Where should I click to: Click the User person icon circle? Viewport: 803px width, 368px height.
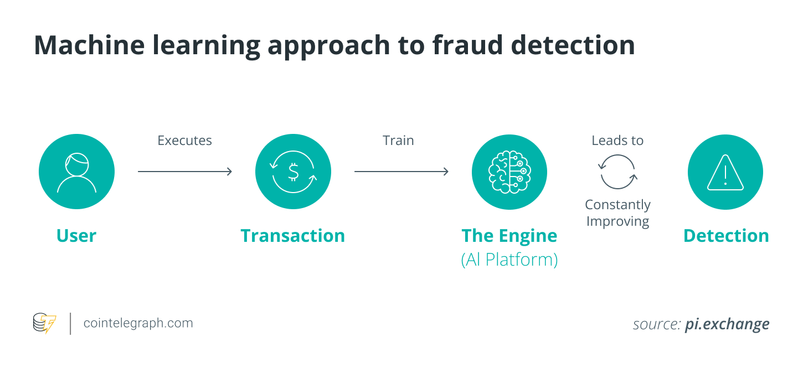pos(76,172)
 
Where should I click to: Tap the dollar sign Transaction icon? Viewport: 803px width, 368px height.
pos(293,172)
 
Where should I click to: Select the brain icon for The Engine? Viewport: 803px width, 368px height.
pos(509,172)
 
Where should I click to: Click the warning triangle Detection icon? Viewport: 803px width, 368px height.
pos(725,172)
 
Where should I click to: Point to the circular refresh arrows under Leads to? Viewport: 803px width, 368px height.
pos(617,172)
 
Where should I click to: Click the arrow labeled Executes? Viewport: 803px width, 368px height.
pos(184,172)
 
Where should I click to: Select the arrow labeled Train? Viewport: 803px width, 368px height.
pos(401,172)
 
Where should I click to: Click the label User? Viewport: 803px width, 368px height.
pos(76,236)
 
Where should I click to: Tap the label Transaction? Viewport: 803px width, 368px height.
pos(293,236)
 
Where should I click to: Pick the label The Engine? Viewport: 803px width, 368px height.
pos(509,236)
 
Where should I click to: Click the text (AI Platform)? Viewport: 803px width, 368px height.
pos(509,260)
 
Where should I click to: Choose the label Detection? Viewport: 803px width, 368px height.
pos(725,236)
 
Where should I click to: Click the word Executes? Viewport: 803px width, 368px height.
pos(184,141)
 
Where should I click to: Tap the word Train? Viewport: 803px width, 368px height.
pos(398,141)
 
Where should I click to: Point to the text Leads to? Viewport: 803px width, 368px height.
pos(617,141)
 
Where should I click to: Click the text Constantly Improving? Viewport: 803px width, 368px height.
pos(617,213)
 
